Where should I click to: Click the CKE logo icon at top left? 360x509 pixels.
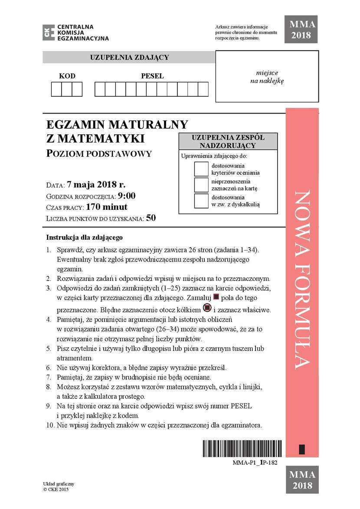(49, 33)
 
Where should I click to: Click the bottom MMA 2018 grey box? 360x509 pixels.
(301, 480)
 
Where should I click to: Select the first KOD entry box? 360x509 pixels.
(56, 89)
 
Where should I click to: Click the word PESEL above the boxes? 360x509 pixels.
(152, 76)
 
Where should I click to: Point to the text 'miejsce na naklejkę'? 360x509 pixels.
(267, 77)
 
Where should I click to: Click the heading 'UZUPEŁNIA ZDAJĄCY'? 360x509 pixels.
(129, 57)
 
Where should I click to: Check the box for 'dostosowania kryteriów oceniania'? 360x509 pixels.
(201, 169)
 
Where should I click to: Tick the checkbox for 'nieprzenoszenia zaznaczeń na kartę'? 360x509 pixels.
(201, 185)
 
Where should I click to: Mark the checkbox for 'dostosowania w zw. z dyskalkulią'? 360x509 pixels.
(201, 201)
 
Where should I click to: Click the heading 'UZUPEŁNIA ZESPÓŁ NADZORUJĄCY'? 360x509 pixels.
(228, 141)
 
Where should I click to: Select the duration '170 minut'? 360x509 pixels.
(107, 207)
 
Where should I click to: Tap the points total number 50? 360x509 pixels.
(151, 218)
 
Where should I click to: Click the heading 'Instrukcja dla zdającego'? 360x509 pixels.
(85, 238)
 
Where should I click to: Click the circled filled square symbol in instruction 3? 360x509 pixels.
(207, 308)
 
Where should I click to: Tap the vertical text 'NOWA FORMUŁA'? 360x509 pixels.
(302, 280)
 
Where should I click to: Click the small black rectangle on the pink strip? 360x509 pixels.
(302, 449)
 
